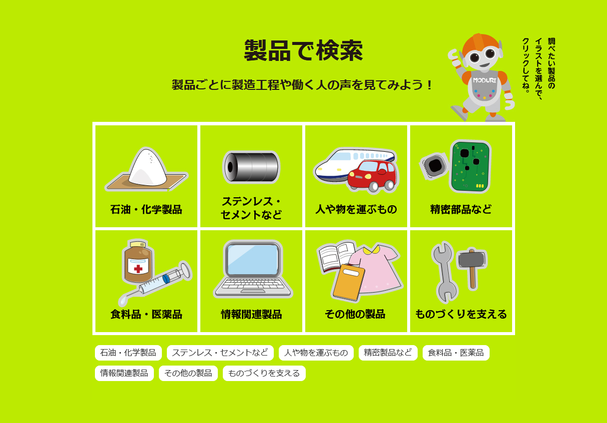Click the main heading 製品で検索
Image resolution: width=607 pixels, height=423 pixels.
coord(303,51)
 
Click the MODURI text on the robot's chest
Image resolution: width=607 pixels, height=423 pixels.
coord(484,80)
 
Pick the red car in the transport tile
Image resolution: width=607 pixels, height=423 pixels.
coord(372,176)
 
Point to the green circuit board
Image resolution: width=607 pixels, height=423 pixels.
coord(470,166)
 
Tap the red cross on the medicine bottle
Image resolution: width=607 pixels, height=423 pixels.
coord(138,268)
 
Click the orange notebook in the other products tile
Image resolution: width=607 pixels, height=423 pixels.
coord(348,283)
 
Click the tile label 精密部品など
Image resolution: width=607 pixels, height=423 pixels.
coord(461,209)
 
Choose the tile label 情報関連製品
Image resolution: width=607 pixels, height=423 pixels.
coord(251,314)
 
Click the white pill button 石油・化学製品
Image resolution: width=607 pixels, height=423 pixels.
coord(128,353)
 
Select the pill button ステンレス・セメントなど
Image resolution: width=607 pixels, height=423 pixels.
coord(220,353)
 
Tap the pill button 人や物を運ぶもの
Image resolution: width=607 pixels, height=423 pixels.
coord(316,353)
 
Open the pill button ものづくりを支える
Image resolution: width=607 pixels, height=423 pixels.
coord(264,373)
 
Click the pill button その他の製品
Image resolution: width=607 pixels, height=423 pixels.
coord(188,373)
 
